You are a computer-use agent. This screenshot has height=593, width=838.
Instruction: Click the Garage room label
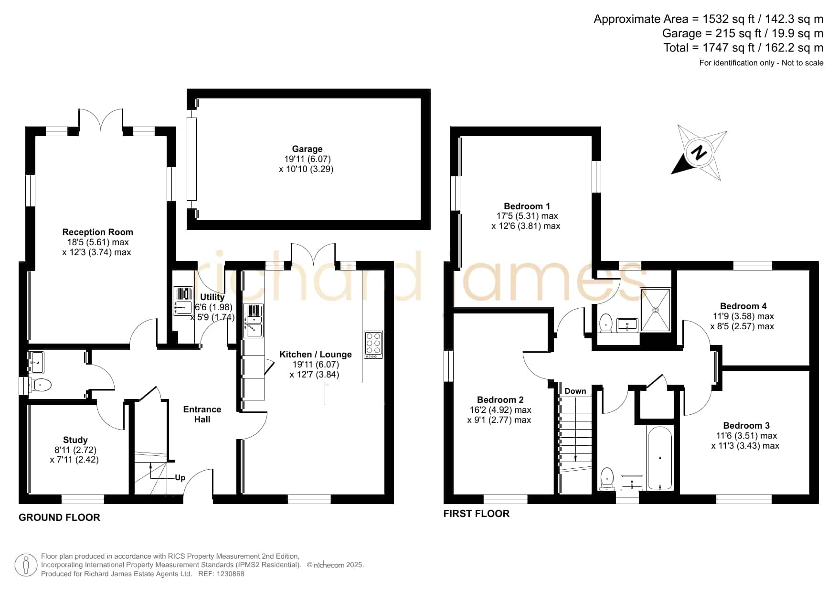pyautogui.click(x=307, y=149)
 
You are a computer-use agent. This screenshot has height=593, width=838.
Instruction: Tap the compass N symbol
pyautogui.click(x=699, y=153)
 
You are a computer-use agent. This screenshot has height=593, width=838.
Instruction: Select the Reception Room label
pyautogui.click(x=97, y=232)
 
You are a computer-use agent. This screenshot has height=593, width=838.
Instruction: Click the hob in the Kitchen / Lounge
pyautogui.click(x=373, y=345)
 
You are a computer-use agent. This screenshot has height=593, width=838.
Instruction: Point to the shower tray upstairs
pyautogui.click(x=655, y=310)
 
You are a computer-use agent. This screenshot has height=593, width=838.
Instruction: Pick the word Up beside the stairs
pyautogui.click(x=180, y=477)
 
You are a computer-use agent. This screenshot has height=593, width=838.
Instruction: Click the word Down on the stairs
pyautogui.click(x=575, y=391)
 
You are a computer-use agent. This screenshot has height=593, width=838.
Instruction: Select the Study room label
pyautogui.click(x=75, y=440)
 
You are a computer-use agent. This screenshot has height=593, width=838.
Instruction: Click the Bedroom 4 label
pyautogui.click(x=743, y=306)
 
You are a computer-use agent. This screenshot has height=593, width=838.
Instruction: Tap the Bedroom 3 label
pyautogui.click(x=746, y=425)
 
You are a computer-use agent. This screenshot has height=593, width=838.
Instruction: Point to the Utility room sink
pyautogui.click(x=182, y=301)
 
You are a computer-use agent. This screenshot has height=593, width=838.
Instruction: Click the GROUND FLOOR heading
pyautogui.click(x=59, y=518)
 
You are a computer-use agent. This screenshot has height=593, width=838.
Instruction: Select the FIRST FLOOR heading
pyautogui.click(x=477, y=514)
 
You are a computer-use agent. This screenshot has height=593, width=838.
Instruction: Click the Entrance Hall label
pyautogui.click(x=202, y=414)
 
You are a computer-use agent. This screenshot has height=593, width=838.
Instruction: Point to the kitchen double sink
pyautogui.click(x=253, y=321)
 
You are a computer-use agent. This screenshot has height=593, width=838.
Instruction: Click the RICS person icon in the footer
pyautogui.click(x=26, y=565)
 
